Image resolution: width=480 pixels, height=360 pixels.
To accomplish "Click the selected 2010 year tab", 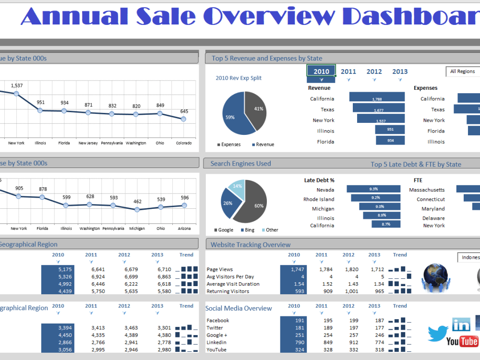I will pos(321,72).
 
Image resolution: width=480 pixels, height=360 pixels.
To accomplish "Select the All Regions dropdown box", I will pos(463,72).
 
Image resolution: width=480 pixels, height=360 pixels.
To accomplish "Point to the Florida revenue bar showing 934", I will pos(390,140).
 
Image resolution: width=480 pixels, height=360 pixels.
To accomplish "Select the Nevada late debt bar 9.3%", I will pos(373,189).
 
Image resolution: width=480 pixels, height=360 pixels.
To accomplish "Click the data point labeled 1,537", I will pos(16,94).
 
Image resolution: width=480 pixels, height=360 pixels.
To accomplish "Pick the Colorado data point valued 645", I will pos(184,119).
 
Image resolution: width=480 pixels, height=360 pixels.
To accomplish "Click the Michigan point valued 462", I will pos(137,209).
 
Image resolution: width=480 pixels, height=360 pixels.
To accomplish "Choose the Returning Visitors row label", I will pos(228,291).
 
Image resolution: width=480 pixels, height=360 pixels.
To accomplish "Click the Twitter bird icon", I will pos(438,333).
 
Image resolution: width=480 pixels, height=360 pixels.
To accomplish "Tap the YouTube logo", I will pos(462,341).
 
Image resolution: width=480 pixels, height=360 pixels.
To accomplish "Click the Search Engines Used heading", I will pos(240,164).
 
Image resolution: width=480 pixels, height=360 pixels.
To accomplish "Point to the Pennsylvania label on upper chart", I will pos(112,143).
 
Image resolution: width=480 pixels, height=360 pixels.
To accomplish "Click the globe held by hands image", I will pos(435,277).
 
